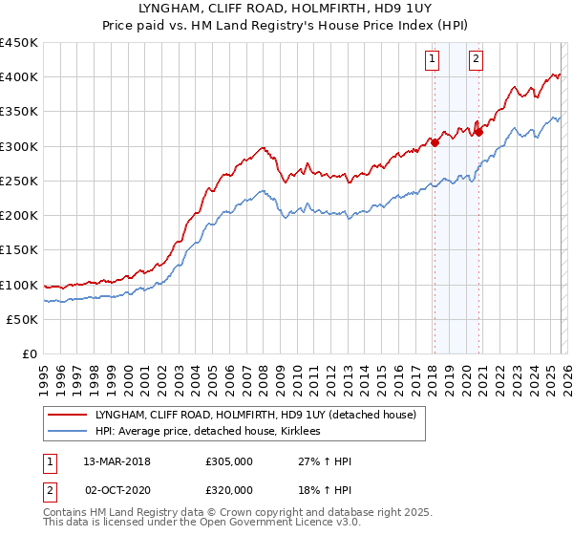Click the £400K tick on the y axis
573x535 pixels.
tap(19, 77)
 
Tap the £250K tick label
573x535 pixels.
tap(19, 181)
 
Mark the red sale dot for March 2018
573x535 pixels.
tap(435, 142)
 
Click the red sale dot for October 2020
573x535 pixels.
tap(478, 132)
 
